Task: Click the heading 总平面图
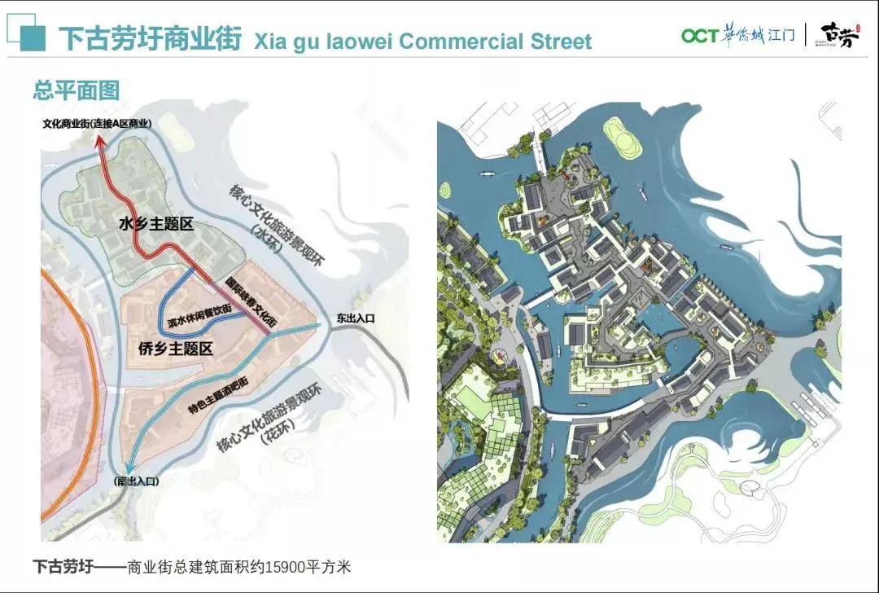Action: coord(76,90)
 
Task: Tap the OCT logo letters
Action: coord(699,36)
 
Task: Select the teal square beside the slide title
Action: coord(33,37)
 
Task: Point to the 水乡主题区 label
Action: coord(155,223)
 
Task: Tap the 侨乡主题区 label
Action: coord(175,349)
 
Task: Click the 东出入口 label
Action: coord(355,319)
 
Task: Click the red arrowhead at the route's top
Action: coord(100,142)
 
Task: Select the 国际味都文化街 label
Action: coord(251,302)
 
